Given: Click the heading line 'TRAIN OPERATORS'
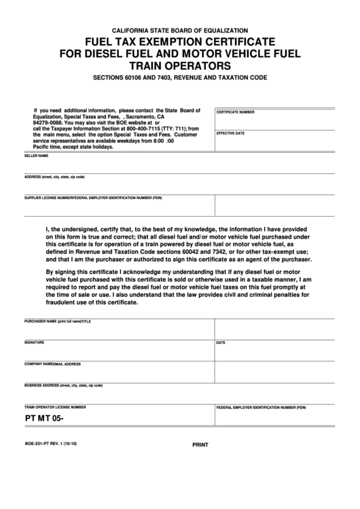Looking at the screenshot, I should pos(180,66).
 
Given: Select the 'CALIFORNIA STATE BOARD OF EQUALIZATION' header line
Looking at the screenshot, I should pos(180,31).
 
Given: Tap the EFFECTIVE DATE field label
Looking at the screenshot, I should pos(230,133).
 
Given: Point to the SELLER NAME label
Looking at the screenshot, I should pos(37,156).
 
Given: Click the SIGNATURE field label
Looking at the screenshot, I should pos(35,342).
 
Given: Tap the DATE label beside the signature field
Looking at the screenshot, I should pos(221,343).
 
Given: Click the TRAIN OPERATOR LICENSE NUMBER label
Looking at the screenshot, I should pos(55,407).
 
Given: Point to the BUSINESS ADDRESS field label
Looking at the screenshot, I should pos(64,385).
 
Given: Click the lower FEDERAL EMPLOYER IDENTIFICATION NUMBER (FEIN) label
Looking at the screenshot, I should pos(261,407).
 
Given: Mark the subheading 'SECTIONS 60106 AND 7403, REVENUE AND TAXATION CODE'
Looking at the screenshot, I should pos(180,78).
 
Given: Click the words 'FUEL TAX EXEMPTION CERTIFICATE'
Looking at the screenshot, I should pos(180,42).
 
